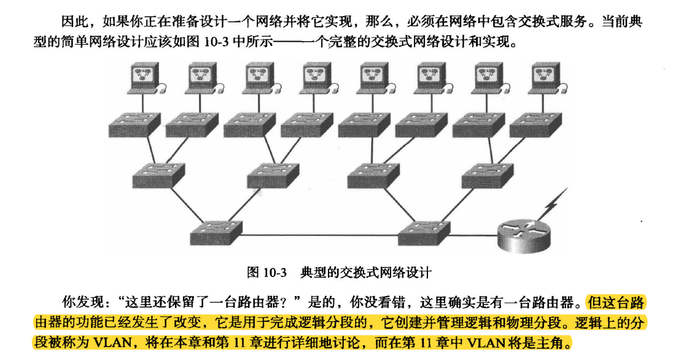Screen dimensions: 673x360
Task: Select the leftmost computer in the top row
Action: (144, 78)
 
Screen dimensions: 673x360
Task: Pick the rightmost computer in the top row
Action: (547, 78)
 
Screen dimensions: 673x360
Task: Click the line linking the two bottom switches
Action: (320, 235)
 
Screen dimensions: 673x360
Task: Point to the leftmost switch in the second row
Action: (134, 125)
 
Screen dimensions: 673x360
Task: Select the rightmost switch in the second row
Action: (535, 125)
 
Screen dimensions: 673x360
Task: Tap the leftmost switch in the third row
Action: (158, 175)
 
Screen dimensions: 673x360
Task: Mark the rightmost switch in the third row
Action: (488, 175)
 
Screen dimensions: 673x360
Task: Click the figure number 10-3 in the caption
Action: (274, 272)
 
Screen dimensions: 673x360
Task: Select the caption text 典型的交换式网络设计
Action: (366, 272)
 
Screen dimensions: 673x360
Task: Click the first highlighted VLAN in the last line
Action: (112, 342)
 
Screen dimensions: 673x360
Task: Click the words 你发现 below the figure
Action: (82, 302)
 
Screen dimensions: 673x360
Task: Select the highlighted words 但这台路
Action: (617, 302)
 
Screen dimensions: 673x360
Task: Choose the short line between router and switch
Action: (474, 235)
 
